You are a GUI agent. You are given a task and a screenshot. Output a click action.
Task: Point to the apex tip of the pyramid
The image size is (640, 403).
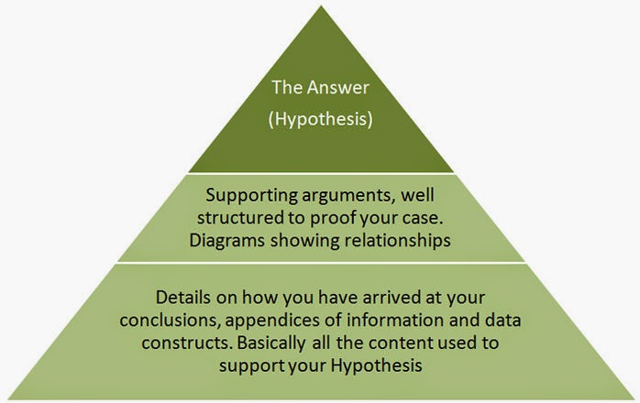320,5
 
